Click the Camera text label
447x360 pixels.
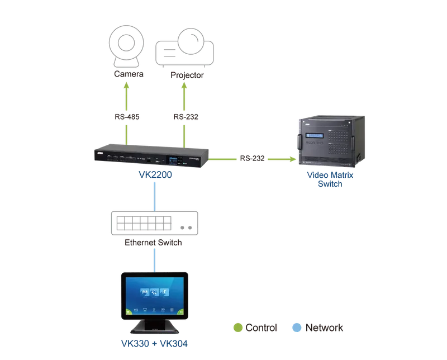pos(129,74)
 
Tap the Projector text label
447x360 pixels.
pos(187,75)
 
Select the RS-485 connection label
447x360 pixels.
pos(127,117)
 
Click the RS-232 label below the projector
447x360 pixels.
pos(186,117)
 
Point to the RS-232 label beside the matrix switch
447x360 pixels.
pos(253,158)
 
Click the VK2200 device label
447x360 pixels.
pos(155,174)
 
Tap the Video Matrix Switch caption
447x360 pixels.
pos(330,179)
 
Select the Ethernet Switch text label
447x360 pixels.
pos(153,243)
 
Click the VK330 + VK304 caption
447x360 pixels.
pos(155,343)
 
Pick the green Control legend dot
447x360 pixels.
pos(238,328)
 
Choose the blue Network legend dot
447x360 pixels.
pos(297,328)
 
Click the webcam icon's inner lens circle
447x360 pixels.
pos(126,43)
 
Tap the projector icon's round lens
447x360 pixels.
pos(191,41)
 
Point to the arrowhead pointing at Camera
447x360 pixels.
pos(127,86)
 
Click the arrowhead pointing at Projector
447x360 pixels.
pos(184,86)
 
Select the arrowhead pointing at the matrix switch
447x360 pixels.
pos(292,159)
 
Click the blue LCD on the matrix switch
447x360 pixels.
pos(315,135)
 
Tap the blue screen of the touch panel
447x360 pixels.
pos(155,296)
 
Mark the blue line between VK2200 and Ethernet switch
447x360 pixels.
pos(155,197)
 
